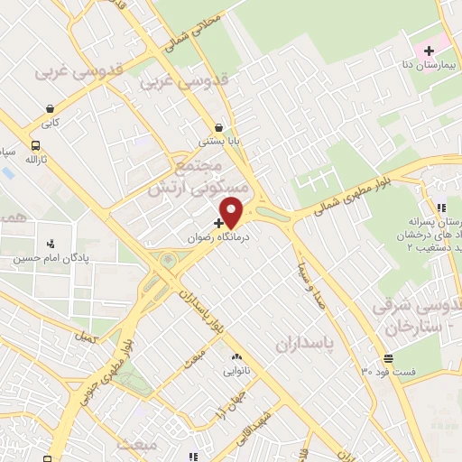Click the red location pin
tap(233, 212)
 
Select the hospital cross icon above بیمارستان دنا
tap(430, 49)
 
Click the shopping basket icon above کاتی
tap(48, 109)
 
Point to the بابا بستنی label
tap(219, 142)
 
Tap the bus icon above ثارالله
tap(35, 145)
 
